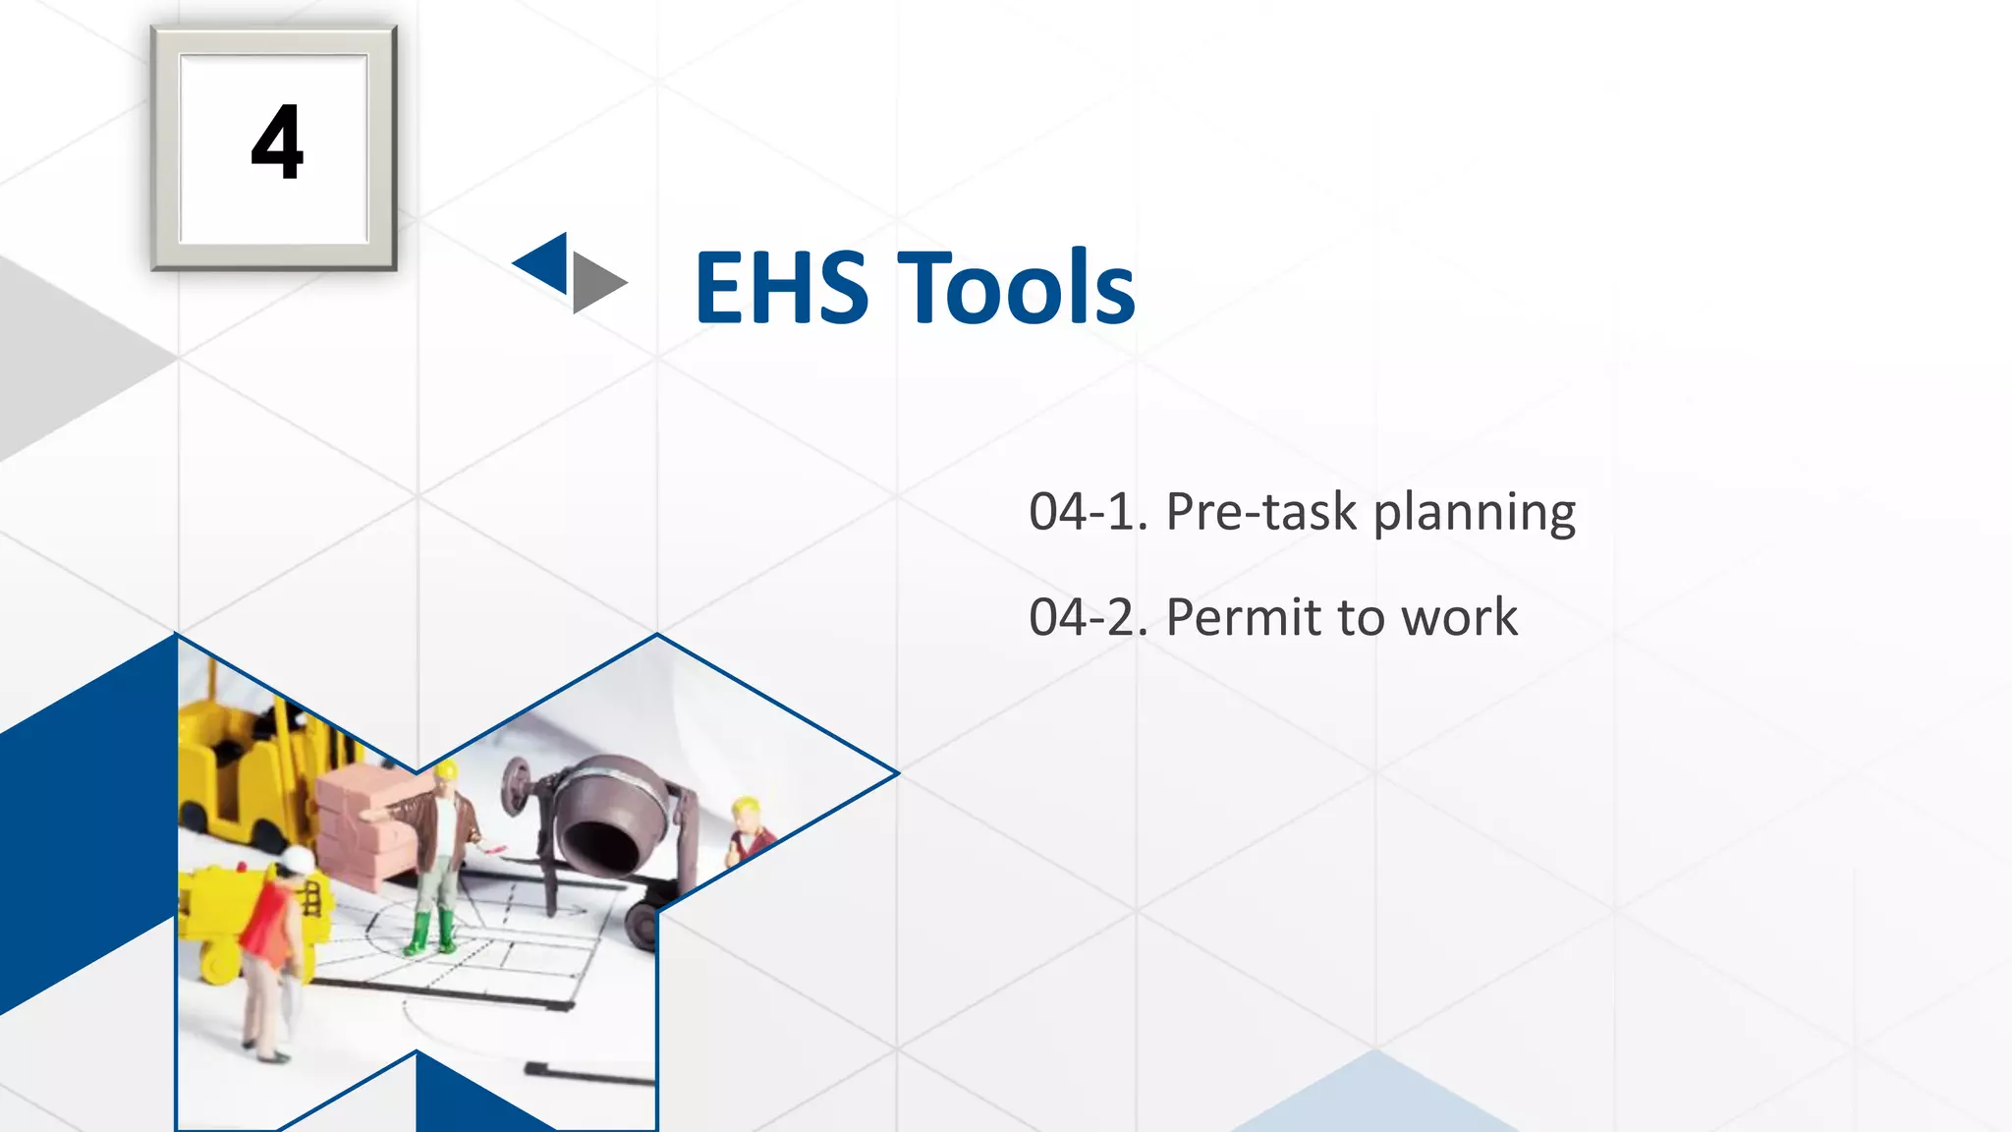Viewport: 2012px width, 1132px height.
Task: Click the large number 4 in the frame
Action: click(277, 143)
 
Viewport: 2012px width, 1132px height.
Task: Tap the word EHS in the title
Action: click(781, 287)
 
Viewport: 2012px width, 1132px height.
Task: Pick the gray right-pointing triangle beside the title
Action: click(595, 282)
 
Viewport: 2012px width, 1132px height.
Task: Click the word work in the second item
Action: click(1459, 617)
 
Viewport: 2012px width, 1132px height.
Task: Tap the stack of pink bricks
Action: click(363, 816)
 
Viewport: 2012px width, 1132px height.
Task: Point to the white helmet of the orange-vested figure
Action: click(298, 859)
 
